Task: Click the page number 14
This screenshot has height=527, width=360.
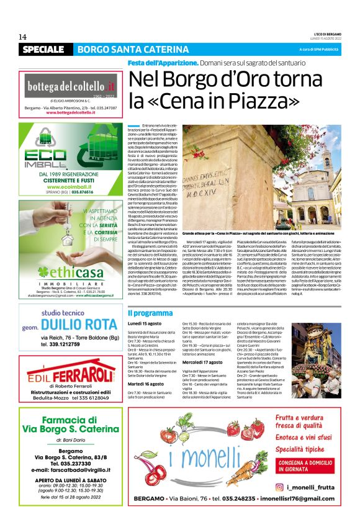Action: point(22,37)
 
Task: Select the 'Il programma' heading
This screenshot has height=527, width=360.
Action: point(147,313)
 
